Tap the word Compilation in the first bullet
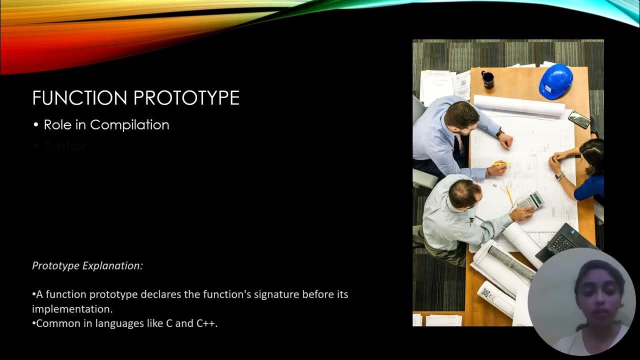[x=129, y=125]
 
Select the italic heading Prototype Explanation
[x=87, y=265]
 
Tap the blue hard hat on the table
[x=555, y=81]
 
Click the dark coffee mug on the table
[x=487, y=79]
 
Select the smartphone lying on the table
[x=579, y=119]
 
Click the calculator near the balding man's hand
[x=530, y=200]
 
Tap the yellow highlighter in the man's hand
[x=500, y=163]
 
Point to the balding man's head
[x=461, y=193]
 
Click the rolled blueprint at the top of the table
[x=518, y=105]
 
